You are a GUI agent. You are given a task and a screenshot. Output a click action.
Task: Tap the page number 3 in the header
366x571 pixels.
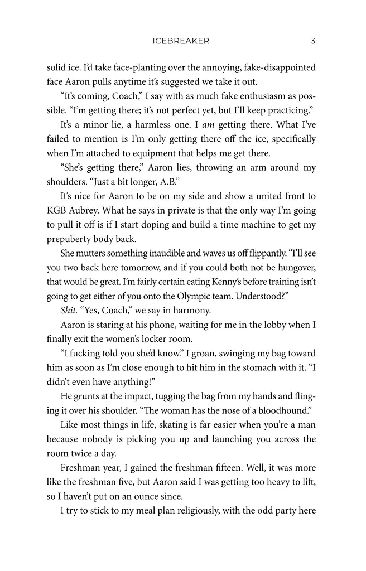pyautogui.click(x=313, y=41)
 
